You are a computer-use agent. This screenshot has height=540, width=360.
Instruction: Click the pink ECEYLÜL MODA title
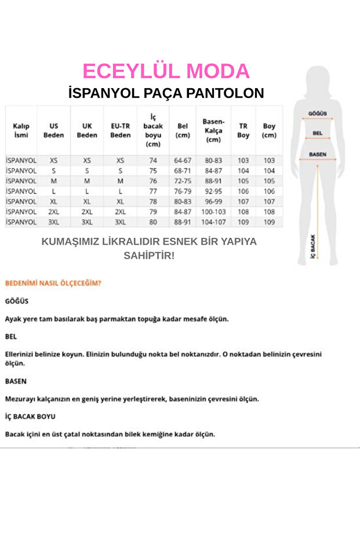click(166, 71)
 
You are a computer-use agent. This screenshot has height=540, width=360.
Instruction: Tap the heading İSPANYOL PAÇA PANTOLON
click(166, 93)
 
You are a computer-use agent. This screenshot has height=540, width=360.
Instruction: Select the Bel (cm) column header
click(183, 131)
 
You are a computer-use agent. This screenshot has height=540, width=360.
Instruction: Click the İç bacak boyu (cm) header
click(153, 131)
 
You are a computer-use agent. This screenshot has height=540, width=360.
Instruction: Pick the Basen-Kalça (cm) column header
click(213, 131)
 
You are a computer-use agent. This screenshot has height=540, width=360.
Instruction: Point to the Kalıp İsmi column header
click(21, 131)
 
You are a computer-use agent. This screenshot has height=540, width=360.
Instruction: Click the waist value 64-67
click(183, 160)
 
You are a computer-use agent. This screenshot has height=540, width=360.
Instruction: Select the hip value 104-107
click(213, 222)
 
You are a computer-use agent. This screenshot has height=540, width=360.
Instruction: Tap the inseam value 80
click(153, 222)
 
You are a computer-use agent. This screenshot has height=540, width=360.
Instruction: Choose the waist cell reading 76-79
click(183, 191)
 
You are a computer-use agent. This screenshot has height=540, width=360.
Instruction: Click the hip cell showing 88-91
click(213, 181)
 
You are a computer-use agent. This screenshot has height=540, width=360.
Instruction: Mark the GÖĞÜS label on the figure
click(318, 114)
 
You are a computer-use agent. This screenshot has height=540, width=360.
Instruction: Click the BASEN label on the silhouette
click(317, 155)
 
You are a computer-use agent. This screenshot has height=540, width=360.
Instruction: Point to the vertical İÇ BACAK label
click(313, 246)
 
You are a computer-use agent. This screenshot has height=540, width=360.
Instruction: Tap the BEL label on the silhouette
click(317, 133)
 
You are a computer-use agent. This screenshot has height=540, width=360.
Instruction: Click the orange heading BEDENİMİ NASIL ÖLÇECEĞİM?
click(53, 284)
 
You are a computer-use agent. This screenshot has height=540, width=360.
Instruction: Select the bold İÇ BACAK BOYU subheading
click(30, 416)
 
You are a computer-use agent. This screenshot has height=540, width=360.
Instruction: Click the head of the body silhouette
click(318, 78)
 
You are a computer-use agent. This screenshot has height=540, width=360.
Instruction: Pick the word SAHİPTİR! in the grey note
click(149, 255)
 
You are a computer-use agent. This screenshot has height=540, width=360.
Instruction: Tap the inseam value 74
click(153, 160)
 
